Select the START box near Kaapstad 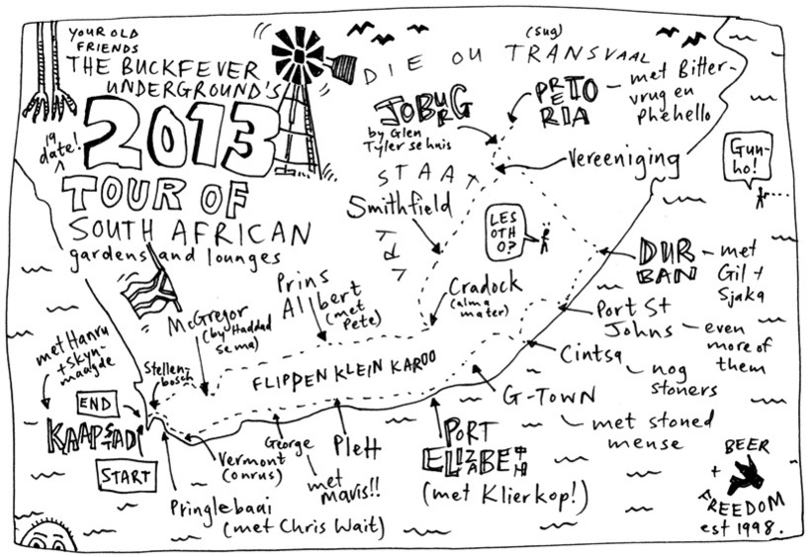[x=127, y=477]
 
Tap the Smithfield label [x=398, y=206]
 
